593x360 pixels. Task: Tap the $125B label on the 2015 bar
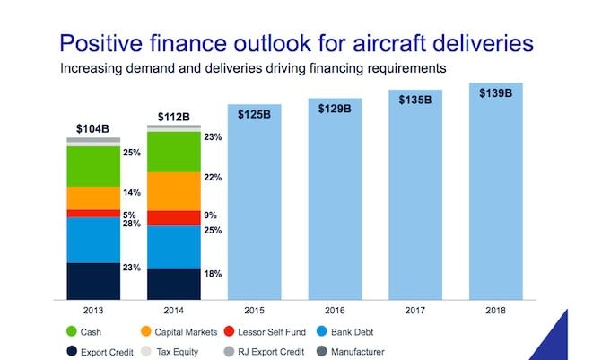(x=254, y=115)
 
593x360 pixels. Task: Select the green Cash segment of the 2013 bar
(x=93, y=166)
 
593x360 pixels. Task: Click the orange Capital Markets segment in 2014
(x=173, y=190)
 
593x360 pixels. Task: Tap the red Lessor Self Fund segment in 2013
(x=93, y=213)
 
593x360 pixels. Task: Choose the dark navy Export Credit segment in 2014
(x=173, y=283)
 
